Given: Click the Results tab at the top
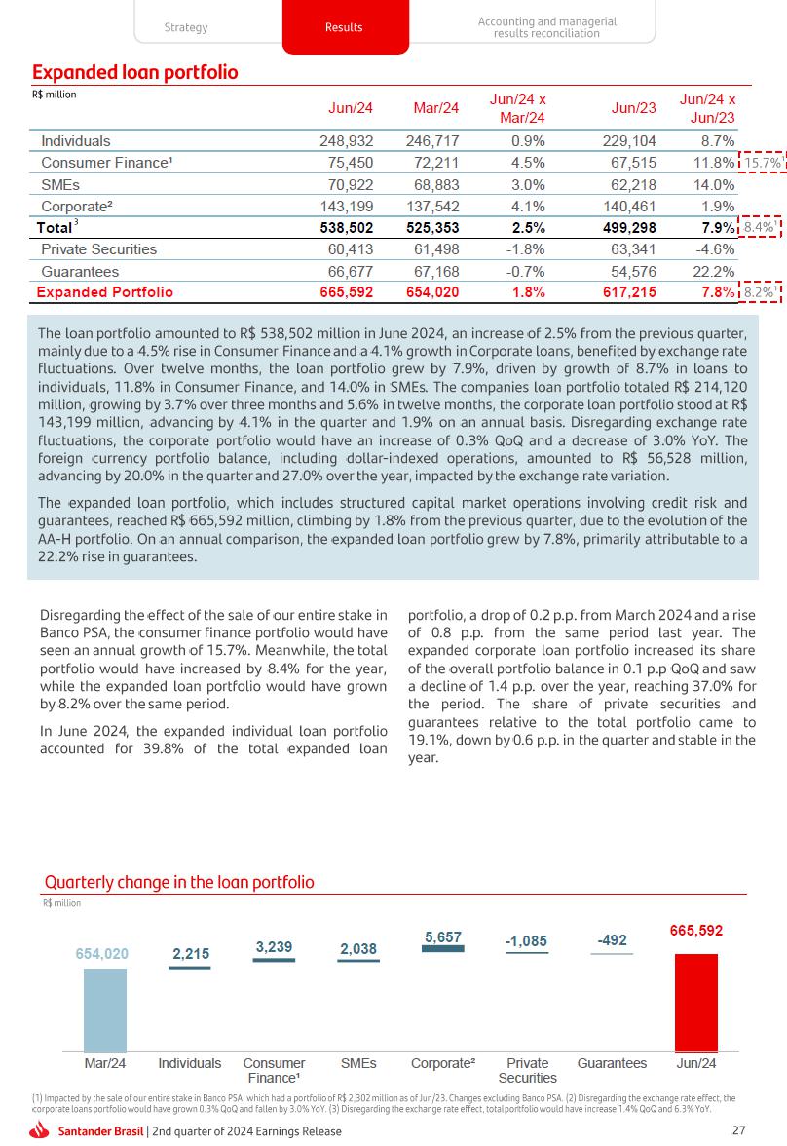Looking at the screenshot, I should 344,27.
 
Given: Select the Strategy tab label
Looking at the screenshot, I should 186,27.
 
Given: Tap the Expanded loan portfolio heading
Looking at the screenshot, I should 135,73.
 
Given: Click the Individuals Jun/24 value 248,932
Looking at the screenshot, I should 347,141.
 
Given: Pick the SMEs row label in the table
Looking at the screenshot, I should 60,184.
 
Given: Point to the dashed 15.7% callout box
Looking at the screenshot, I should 763,163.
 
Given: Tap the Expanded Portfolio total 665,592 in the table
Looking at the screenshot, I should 347,292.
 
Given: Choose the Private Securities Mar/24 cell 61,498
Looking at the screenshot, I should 432,249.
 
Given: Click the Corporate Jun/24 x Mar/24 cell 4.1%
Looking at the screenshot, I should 527,206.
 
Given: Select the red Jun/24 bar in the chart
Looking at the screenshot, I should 696,1002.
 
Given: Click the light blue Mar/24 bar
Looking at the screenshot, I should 105,1010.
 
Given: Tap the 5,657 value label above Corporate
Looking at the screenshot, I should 443,936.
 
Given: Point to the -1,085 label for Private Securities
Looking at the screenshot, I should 526,941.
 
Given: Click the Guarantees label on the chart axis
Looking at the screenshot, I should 612,1063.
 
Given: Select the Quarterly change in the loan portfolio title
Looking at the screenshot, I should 179,882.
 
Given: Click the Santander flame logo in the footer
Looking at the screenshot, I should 40,1130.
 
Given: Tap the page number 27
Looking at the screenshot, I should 738,1130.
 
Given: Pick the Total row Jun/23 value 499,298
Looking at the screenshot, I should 630,227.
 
